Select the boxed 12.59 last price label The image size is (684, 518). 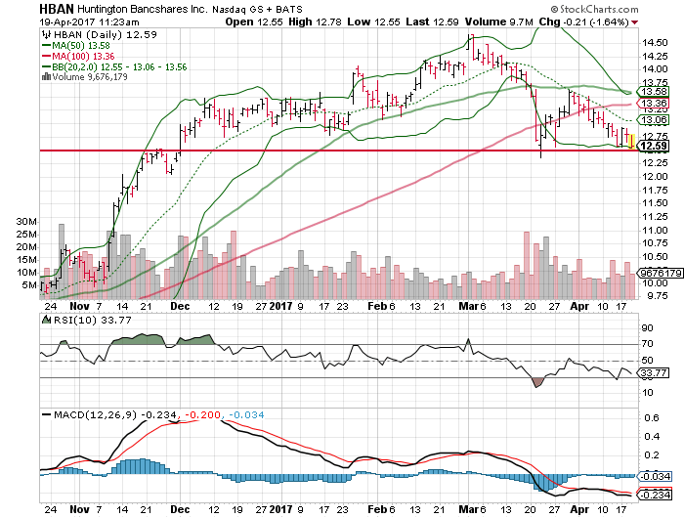[x=652, y=147]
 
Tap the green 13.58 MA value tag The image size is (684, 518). [x=652, y=92]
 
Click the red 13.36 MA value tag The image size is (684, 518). [x=652, y=103]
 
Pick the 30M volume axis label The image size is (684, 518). [x=26, y=222]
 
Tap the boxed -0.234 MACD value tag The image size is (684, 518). [x=654, y=494]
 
